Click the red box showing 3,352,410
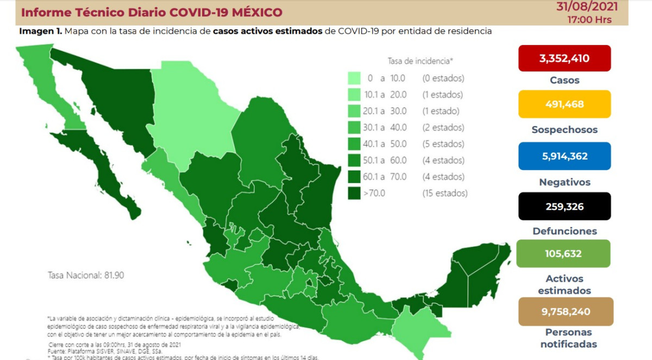[x=565, y=58]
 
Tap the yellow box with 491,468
[x=565, y=104]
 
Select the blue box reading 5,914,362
[x=565, y=156]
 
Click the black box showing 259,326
[x=565, y=206]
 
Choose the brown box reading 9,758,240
[x=566, y=311]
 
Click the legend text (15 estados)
[x=445, y=193]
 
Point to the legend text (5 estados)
[x=443, y=144]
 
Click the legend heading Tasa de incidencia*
[x=421, y=61]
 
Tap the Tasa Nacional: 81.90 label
[x=86, y=275]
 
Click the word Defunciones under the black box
[x=565, y=231]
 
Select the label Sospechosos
[x=565, y=130]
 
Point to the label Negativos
[x=565, y=182]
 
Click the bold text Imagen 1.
[x=40, y=31]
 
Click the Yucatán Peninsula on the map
[x=478, y=271]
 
